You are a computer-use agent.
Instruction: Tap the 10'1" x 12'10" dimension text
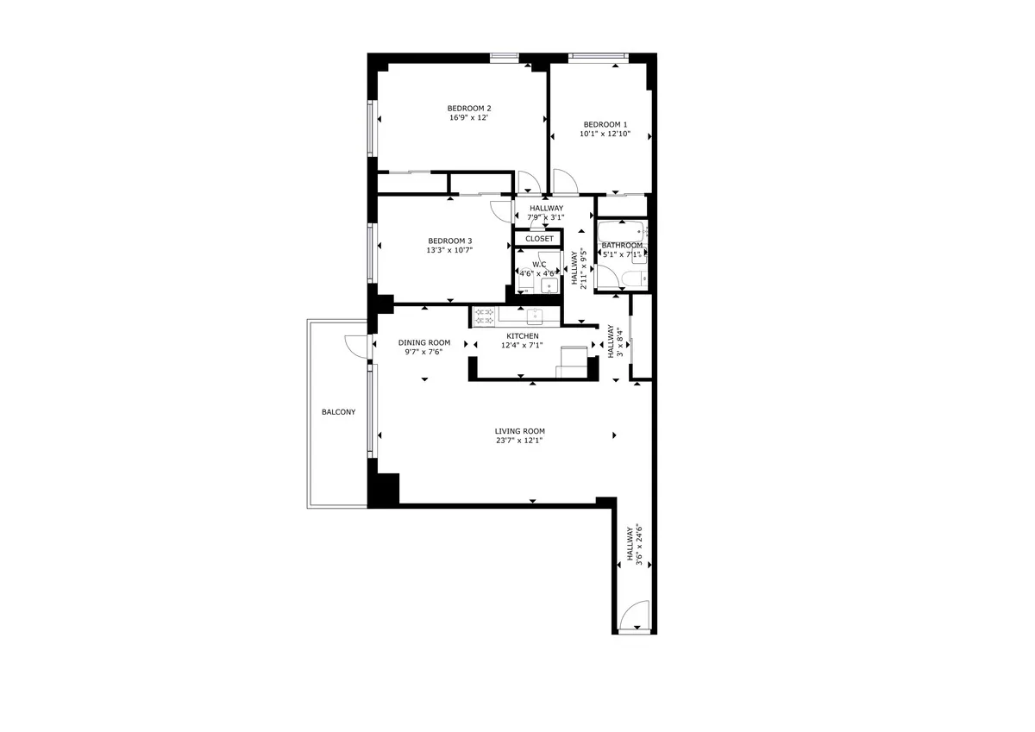pyautogui.click(x=605, y=134)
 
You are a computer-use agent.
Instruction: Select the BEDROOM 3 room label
pyautogui.click(x=450, y=241)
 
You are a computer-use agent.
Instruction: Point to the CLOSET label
pyautogui.click(x=539, y=239)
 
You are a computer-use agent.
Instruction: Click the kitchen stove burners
pyautogui.click(x=484, y=316)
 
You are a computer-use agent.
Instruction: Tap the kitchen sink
pyautogui.click(x=533, y=316)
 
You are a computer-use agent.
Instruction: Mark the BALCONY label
pyautogui.click(x=338, y=412)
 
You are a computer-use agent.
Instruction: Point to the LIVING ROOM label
pyautogui.click(x=519, y=431)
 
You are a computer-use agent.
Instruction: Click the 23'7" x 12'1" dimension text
pyautogui.click(x=519, y=441)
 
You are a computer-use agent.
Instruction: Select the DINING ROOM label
pyautogui.click(x=424, y=342)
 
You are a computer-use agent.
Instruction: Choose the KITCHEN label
pyautogui.click(x=522, y=336)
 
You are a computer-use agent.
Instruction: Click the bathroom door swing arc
pyautogui.click(x=609, y=278)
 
